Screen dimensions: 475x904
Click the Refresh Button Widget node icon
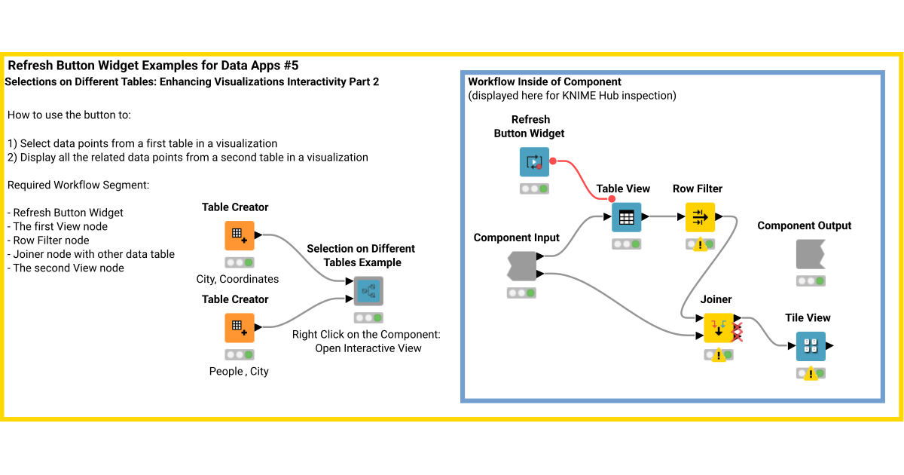tap(534, 161)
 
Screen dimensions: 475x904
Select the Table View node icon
tap(626, 218)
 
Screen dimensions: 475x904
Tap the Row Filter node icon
tap(700, 218)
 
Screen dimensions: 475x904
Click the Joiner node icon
tap(719, 328)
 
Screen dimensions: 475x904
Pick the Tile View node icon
tap(811, 347)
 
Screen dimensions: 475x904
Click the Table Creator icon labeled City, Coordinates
tap(240, 236)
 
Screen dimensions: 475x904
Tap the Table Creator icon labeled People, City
tap(240, 328)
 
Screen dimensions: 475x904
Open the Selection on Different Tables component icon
tap(368, 291)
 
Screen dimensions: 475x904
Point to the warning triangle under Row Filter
tap(700, 244)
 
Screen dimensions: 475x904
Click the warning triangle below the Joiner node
tap(719, 355)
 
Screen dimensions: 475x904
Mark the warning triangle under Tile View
tap(811, 373)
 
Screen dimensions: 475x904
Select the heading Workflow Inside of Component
tap(545, 81)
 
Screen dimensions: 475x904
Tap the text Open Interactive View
tap(368, 348)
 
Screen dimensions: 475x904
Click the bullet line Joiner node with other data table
tap(93, 254)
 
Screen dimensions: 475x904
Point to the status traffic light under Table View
tap(626, 244)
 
